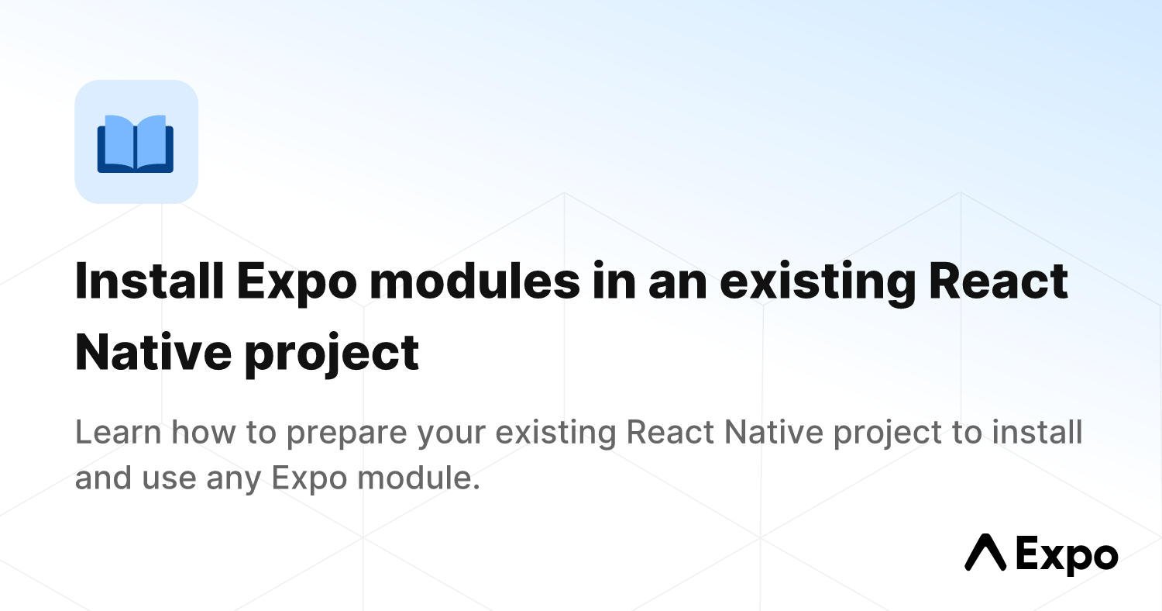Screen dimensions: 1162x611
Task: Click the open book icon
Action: click(136, 143)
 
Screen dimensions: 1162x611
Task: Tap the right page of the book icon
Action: click(152, 141)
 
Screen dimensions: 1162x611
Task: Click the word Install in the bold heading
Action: click(150, 281)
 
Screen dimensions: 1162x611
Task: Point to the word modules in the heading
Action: click(475, 281)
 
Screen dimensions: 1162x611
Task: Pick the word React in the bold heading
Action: click(998, 281)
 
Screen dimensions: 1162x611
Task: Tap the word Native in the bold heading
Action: click(153, 353)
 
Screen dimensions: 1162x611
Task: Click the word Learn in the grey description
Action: click(119, 433)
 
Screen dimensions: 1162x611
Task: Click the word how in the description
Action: click(203, 432)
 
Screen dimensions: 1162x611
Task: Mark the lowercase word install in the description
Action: click(1037, 432)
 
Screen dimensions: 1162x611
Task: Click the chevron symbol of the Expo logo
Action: click(985, 552)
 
